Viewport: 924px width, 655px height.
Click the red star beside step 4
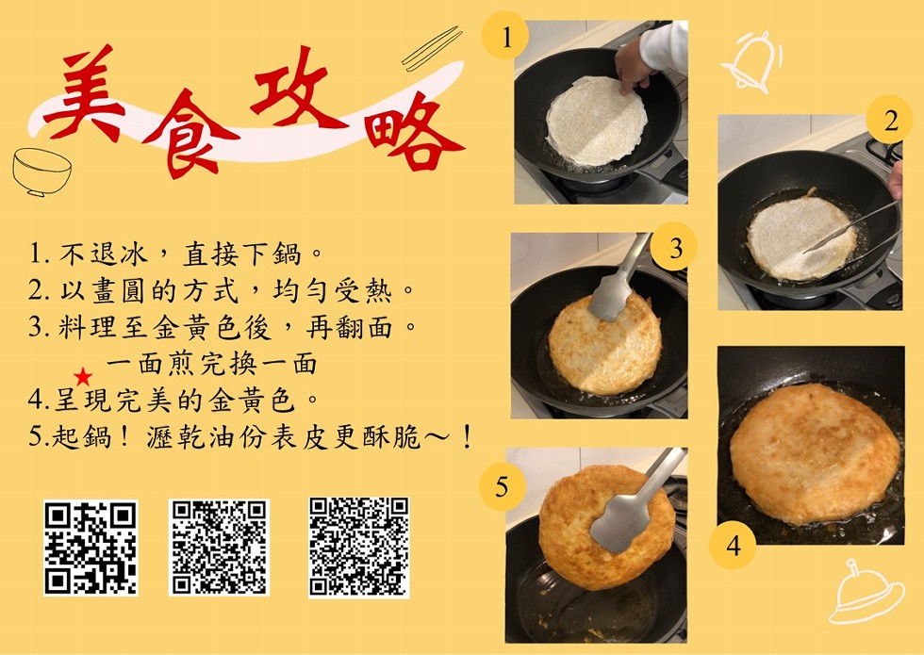tap(83, 376)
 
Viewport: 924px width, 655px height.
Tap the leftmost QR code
tap(91, 548)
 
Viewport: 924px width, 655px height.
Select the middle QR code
tap(219, 548)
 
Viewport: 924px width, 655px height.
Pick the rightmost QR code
tap(359, 548)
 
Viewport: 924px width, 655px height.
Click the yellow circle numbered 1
tap(505, 37)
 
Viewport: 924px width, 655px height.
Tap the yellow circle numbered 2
tap(890, 121)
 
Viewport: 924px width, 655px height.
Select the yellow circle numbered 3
tap(674, 247)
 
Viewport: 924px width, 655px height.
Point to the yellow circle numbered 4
tap(732, 546)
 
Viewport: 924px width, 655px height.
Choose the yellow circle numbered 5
tap(502, 486)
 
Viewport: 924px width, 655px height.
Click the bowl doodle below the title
tap(41, 172)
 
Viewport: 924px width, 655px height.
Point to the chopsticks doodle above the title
tap(432, 48)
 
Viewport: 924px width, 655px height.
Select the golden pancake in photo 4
tap(815, 453)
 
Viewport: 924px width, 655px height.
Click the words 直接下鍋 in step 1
tap(243, 254)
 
